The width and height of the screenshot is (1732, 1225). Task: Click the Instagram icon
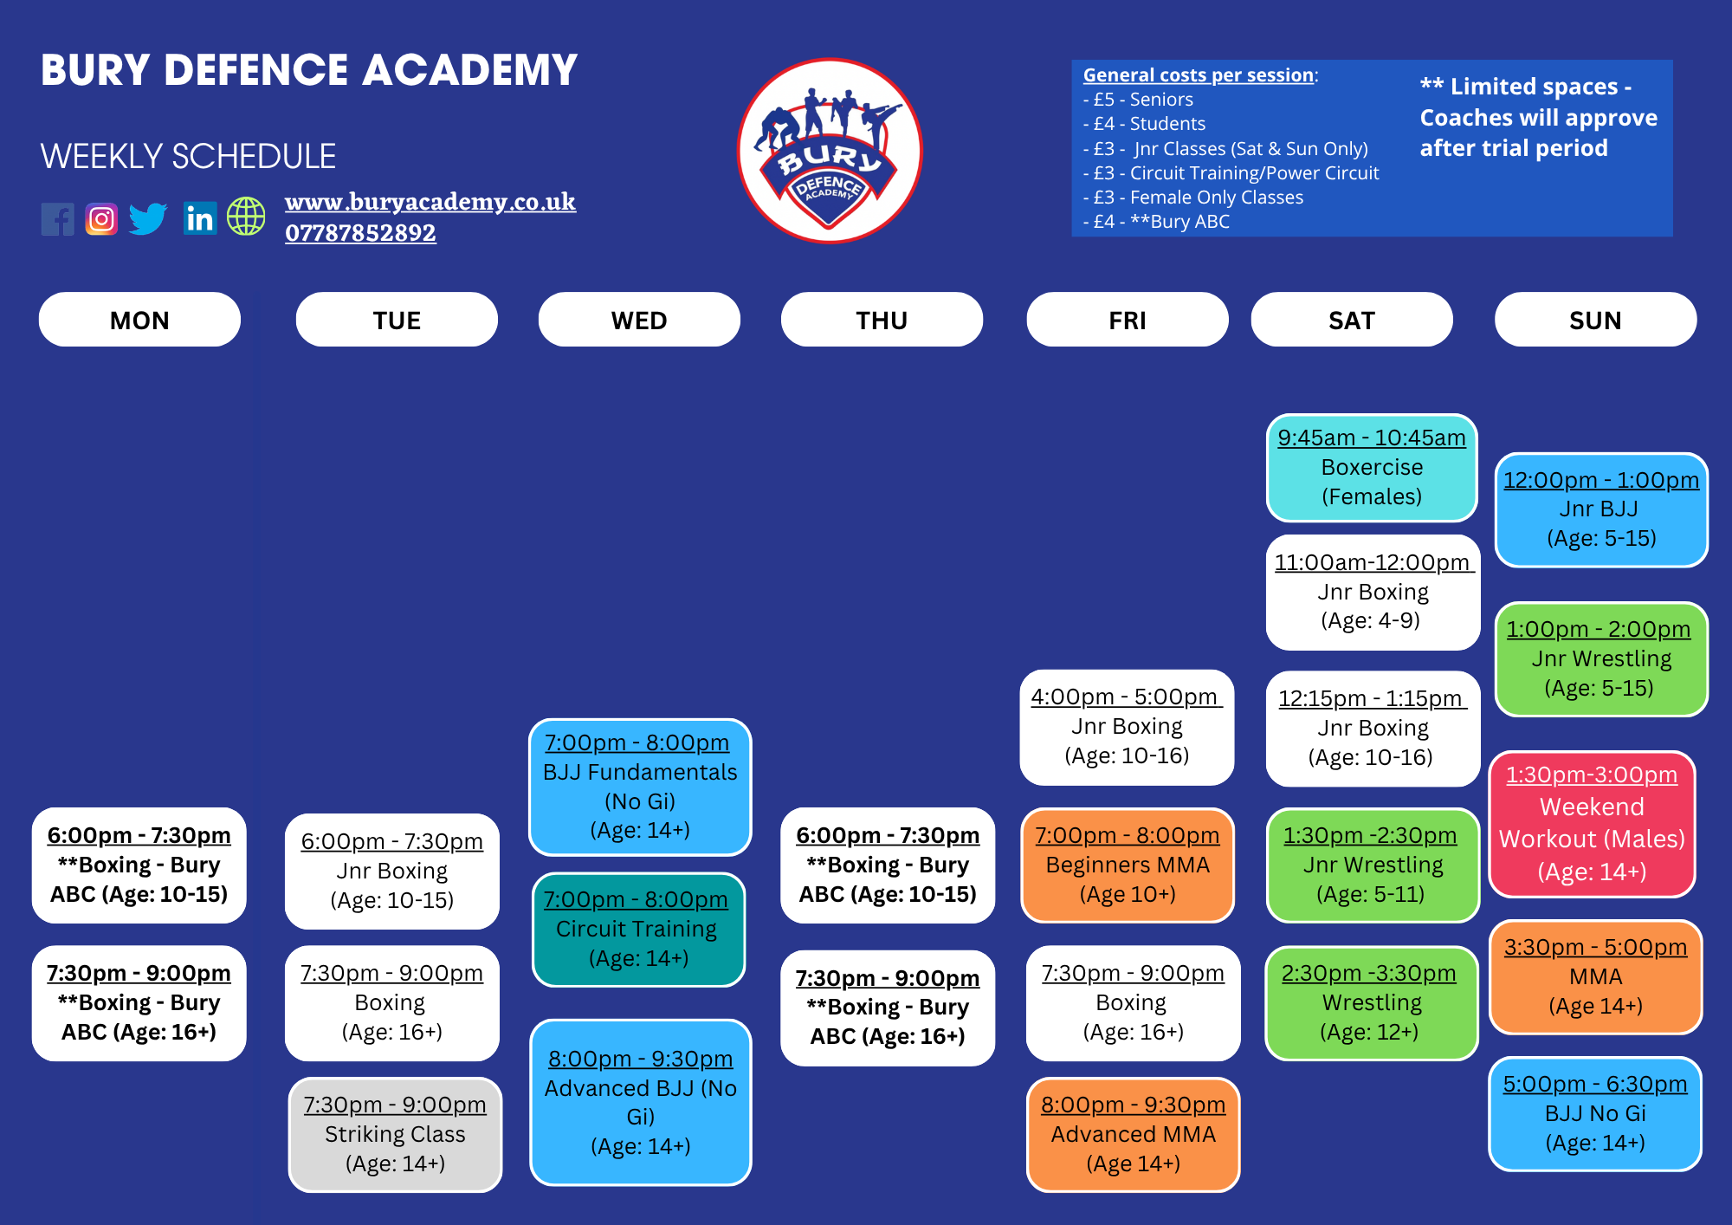click(101, 219)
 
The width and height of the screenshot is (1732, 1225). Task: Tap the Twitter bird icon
click(148, 218)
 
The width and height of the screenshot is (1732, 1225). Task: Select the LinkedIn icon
click(200, 218)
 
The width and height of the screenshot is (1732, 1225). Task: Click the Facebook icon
click(58, 219)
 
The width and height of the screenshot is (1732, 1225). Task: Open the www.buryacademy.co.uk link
click(430, 202)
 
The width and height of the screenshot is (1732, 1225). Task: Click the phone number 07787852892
click(360, 233)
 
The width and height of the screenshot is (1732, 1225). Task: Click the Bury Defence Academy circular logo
click(830, 152)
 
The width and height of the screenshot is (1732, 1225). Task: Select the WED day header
click(639, 320)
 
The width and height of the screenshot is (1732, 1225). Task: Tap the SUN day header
click(1595, 320)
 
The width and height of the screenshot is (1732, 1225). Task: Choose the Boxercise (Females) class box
click(1372, 468)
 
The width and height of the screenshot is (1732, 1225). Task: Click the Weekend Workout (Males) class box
click(1592, 824)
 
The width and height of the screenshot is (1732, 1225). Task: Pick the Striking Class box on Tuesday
click(395, 1134)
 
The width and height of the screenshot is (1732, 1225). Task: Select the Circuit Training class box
click(638, 930)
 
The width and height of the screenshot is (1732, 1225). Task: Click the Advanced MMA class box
click(1133, 1134)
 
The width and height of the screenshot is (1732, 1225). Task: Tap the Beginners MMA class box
click(1127, 865)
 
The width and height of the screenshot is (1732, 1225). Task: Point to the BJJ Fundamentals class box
click(640, 787)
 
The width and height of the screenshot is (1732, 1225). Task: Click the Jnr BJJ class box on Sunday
click(1601, 509)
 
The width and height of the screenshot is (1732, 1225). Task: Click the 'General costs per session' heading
click(1199, 75)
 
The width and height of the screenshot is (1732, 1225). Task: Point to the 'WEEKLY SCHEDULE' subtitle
click(188, 157)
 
